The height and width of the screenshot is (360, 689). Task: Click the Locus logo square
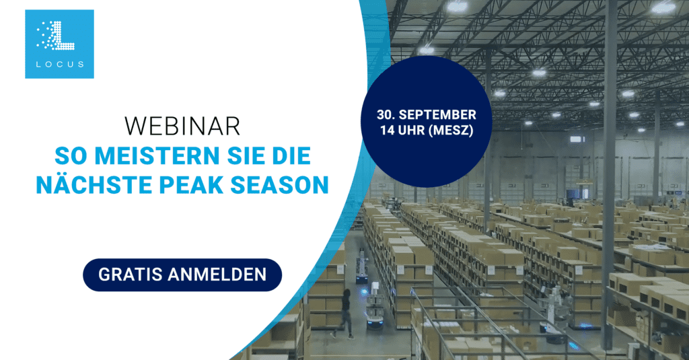coord(59,44)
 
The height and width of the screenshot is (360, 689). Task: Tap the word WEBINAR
coord(182,126)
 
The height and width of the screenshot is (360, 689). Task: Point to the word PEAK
coord(192,184)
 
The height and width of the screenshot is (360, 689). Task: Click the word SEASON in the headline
coord(279,184)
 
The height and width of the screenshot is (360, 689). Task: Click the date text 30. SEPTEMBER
coord(426,114)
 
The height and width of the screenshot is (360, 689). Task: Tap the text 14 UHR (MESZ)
coord(427,131)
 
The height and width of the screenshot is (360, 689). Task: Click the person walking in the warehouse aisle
coord(344,314)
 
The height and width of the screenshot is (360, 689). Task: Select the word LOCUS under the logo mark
coord(60,64)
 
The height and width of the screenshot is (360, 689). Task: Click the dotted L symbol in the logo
coord(55,35)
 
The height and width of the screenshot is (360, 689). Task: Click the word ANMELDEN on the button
coord(217,275)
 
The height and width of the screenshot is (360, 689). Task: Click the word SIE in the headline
coord(245,155)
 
